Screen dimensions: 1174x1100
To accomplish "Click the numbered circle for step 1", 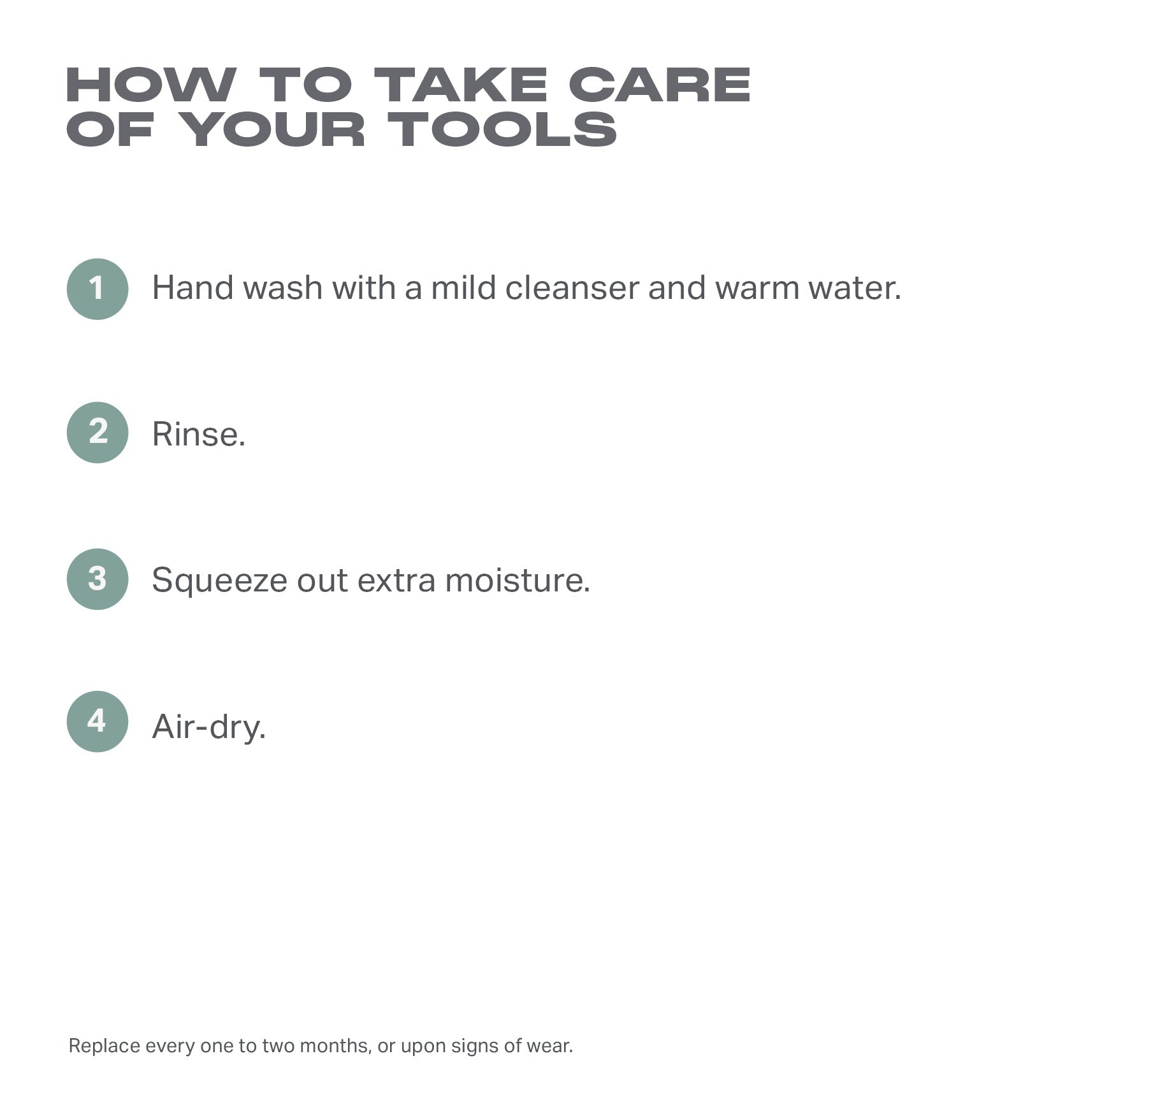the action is (98, 289).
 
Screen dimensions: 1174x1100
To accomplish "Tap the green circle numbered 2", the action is (98, 432).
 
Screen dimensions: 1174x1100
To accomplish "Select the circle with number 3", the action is (98, 579).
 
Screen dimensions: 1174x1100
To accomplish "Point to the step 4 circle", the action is (98, 721).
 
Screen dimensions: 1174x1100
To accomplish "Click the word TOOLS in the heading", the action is (503, 129).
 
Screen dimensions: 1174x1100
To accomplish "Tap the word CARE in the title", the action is (660, 85).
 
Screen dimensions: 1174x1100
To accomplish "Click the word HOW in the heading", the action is (151, 85).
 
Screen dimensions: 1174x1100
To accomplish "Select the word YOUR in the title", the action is (271, 129).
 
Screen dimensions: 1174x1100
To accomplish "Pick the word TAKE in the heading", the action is (461, 85).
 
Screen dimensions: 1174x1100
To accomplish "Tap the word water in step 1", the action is (855, 288).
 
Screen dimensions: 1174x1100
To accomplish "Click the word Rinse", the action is (199, 435).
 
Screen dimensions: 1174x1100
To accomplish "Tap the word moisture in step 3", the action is (518, 581).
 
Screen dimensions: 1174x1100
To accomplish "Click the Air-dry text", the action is (209, 727).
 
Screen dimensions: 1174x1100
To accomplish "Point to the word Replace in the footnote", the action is (104, 1046).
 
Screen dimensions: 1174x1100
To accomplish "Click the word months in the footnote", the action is (335, 1046).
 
